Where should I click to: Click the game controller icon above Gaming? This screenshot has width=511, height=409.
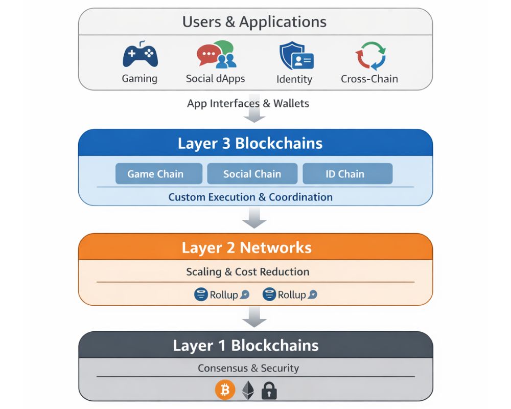point(140,56)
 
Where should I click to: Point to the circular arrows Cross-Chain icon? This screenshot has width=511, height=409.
point(369,56)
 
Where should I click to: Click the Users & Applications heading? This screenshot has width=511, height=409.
point(254,22)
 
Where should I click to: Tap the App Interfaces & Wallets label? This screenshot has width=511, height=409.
point(248,103)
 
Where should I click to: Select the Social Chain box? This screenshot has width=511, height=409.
point(252,174)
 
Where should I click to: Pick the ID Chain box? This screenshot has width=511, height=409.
point(347,174)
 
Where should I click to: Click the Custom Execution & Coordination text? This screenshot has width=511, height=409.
point(250,197)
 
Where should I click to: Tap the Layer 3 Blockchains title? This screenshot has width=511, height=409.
point(250,143)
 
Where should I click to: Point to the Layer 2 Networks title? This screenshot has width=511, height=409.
point(246,247)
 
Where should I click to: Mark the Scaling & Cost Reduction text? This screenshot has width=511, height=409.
point(247,271)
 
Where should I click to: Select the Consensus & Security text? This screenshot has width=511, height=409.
point(248,368)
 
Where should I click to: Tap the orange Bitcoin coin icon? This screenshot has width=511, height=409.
point(225,391)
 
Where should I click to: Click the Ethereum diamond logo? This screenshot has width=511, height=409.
point(248,391)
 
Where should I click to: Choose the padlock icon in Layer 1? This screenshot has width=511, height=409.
point(269,391)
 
